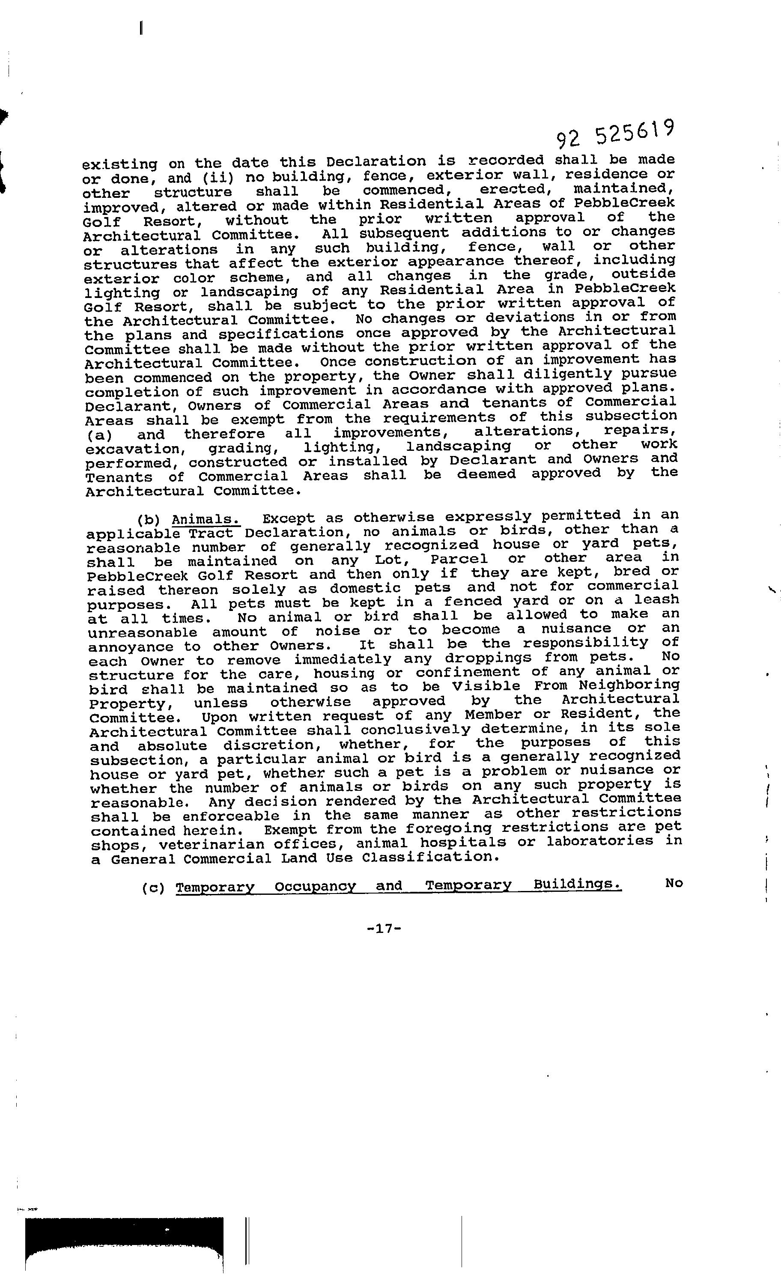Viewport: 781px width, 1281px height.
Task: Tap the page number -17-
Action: tap(384, 929)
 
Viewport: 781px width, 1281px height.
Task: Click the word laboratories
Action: tap(599, 842)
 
